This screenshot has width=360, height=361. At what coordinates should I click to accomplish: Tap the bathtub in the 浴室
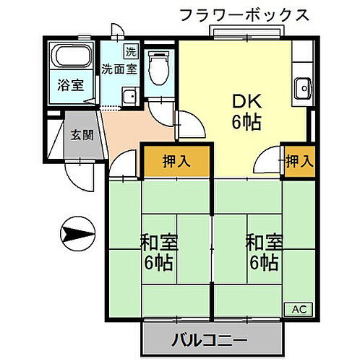(70, 56)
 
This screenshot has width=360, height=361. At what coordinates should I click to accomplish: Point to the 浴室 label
(71, 84)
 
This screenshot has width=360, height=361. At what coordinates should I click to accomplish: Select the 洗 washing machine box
(129, 51)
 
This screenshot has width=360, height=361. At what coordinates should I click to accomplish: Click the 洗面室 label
(119, 70)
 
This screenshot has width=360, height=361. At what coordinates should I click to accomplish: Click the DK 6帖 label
(246, 110)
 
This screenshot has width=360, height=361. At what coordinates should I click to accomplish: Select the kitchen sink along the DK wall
(302, 90)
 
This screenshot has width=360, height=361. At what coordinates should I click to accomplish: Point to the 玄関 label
(80, 134)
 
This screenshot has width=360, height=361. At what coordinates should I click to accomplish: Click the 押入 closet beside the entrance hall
(176, 160)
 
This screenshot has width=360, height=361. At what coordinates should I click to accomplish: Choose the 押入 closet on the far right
(299, 160)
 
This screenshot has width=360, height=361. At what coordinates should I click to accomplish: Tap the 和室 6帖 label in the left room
(159, 251)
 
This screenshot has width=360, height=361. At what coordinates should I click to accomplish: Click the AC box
(299, 308)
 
